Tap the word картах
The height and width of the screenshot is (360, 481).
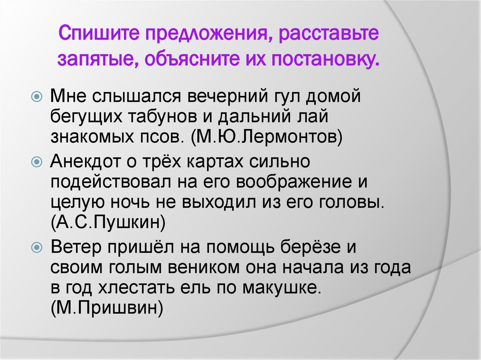(x=216, y=162)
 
